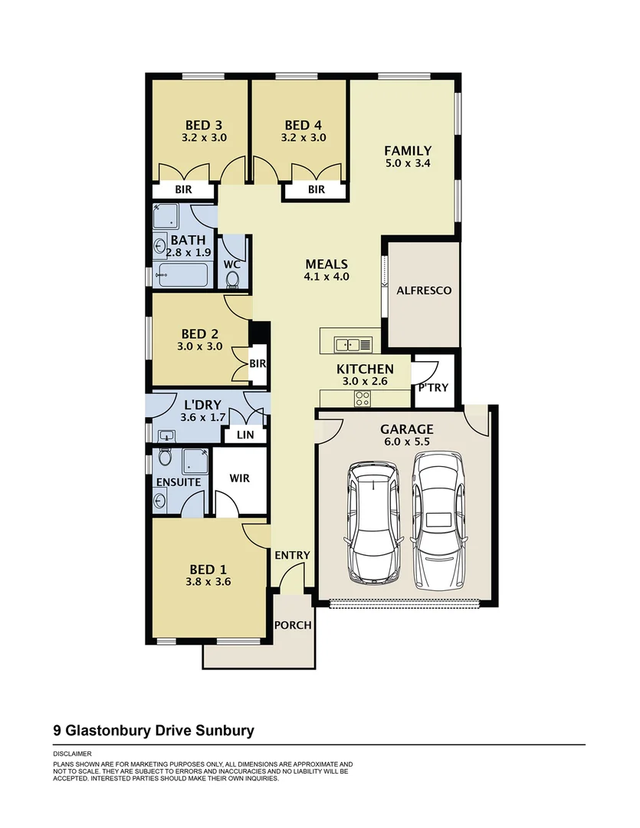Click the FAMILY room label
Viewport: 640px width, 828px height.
pos(408,151)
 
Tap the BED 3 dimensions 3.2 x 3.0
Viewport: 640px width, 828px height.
pos(204,139)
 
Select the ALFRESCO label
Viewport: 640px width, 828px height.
pos(424,291)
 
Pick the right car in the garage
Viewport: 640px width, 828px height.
pos(438,521)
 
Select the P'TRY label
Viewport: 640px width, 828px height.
pos(433,387)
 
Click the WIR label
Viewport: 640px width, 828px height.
pos(240,478)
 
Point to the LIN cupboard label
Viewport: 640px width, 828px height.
pos(245,435)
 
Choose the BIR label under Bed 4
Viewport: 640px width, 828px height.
pos(317,189)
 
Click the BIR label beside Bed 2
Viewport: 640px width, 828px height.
pos(258,363)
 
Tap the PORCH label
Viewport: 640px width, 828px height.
pos(293,625)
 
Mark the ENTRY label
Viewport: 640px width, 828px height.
pos(292,556)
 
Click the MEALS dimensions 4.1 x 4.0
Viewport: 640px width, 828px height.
pos(327,277)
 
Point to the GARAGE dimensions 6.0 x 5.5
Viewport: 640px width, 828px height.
pos(406,442)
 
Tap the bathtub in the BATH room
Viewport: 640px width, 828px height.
pos(184,275)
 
